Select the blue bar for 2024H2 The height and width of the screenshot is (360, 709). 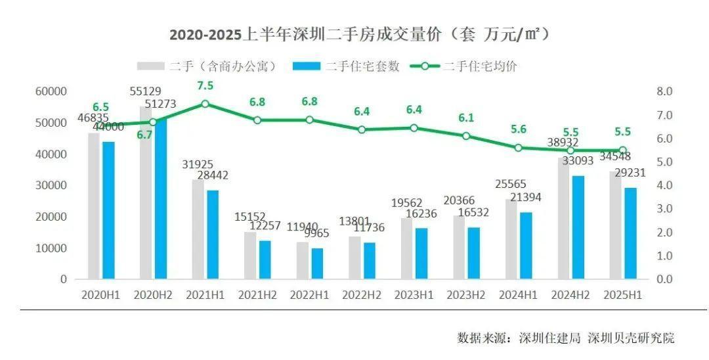[x=578, y=227]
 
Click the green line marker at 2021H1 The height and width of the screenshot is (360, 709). [x=205, y=103]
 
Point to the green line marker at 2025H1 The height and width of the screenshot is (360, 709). [x=623, y=150]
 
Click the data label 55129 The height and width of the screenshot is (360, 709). [x=146, y=91]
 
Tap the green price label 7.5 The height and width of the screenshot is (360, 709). [x=205, y=87]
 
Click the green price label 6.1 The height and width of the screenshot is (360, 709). [x=465, y=118]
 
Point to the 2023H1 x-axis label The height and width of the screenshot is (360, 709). [x=414, y=296]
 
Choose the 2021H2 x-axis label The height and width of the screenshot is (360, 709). [x=257, y=296]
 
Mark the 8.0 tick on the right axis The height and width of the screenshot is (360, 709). [x=664, y=92]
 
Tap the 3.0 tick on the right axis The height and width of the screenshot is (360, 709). [x=664, y=209]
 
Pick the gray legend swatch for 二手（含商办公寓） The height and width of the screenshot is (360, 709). [x=150, y=66]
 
